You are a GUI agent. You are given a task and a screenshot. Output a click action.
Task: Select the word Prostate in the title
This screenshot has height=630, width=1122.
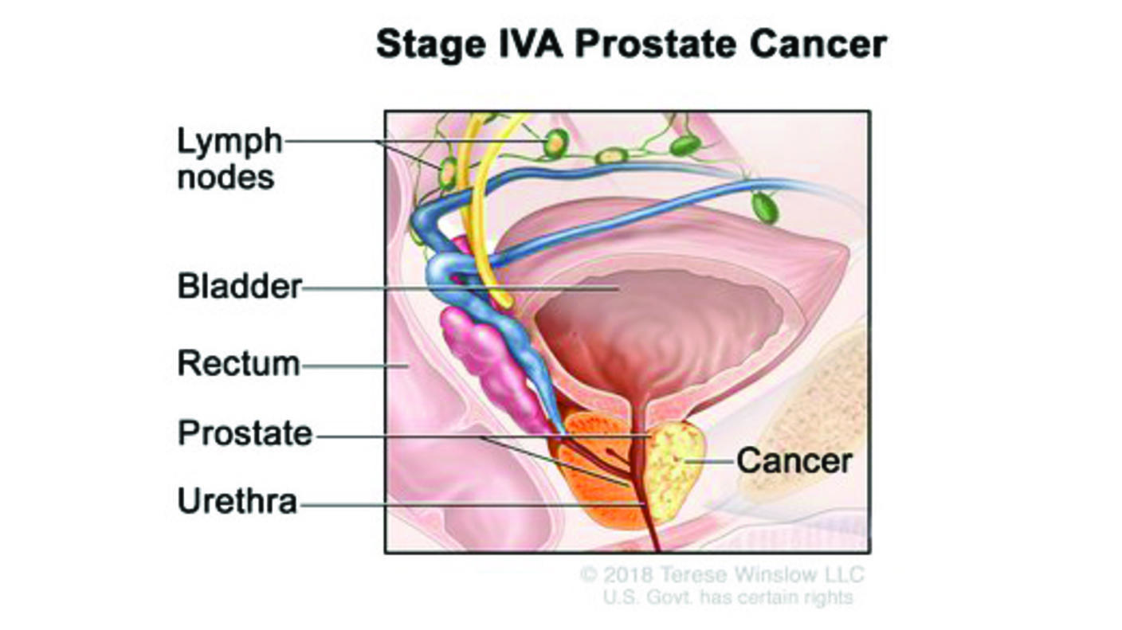(661, 45)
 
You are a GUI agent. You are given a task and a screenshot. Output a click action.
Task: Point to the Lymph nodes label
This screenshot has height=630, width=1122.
(229, 158)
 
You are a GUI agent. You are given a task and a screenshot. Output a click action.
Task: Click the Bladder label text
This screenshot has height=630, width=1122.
(239, 286)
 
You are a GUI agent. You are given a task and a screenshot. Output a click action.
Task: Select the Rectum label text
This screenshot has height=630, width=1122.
(238, 364)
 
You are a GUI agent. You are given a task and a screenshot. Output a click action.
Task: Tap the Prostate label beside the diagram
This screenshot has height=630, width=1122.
(245, 434)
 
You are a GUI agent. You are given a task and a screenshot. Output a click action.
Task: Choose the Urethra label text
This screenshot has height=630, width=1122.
(237, 503)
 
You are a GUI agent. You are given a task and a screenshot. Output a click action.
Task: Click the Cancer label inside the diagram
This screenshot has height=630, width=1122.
(794, 460)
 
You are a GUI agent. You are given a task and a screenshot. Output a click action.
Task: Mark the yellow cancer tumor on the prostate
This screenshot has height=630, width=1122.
(673, 470)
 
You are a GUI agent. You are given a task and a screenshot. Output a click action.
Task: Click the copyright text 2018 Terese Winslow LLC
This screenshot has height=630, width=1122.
(721, 574)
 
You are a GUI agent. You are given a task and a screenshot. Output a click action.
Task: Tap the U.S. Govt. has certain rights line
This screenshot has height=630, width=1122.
(727, 597)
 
